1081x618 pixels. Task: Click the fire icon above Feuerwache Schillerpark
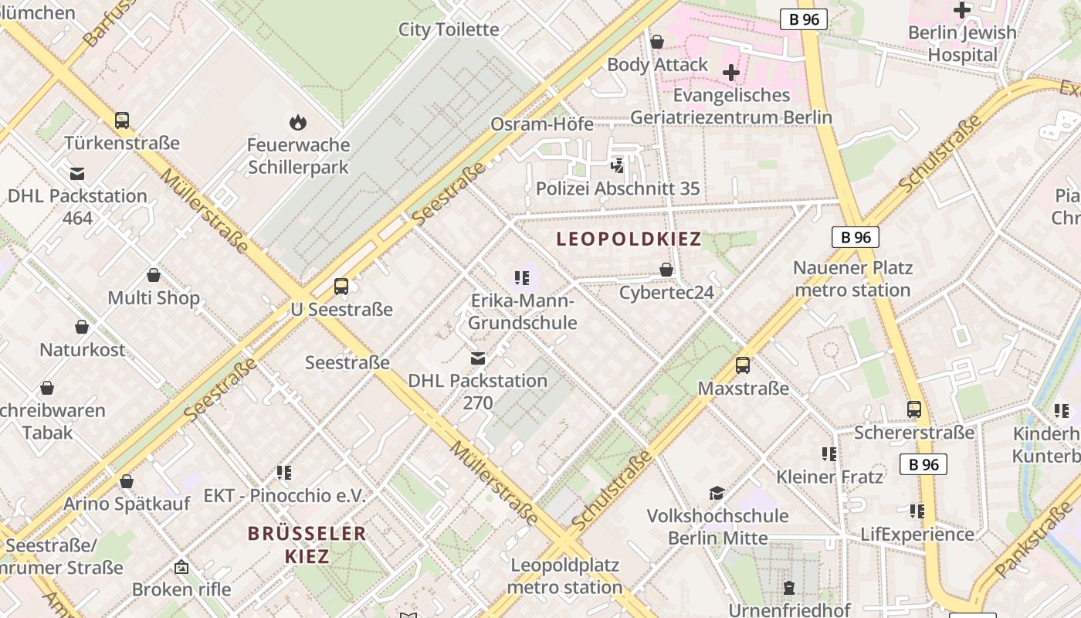(297, 122)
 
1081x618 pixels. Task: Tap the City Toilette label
(449, 29)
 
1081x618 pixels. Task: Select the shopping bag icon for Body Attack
(657, 42)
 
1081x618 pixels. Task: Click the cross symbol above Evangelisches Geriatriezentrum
(730, 73)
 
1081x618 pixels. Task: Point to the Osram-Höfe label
(542, 124)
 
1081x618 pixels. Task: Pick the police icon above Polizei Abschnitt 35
(617, 165)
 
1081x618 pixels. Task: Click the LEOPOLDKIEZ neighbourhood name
(629, 239)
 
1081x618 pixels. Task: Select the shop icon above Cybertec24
(666, 270)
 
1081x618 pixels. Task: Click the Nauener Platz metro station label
(852, 279)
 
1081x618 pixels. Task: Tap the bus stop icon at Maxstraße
(742, 365)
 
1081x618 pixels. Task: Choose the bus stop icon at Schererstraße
(914, 409)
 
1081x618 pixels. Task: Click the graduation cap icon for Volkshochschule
(717, 493)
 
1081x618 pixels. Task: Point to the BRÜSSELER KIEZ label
(307, 544)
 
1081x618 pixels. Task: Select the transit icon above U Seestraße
(341, 287)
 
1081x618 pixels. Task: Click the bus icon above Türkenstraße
(122, 121)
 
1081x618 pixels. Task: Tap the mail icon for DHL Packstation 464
(77, 174)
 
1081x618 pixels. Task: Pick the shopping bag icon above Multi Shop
(154, 275)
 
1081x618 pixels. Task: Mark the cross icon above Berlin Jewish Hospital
(962, 10)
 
